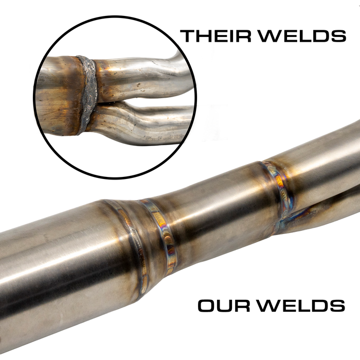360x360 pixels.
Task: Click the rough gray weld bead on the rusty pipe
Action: pyautogui.click(x=88, y=93)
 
